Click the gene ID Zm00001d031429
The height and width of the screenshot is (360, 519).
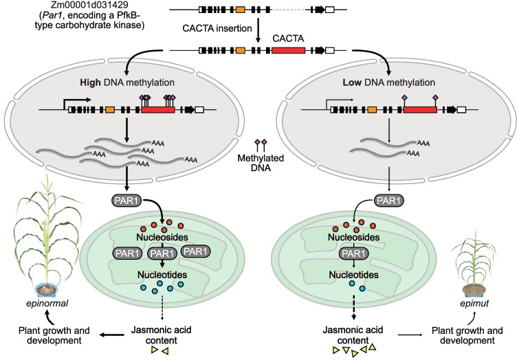(89, 5)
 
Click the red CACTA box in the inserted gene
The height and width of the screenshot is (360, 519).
(288, 50)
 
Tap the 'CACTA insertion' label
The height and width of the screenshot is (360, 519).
(217, 28)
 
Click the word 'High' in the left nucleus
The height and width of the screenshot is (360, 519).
(90, 82)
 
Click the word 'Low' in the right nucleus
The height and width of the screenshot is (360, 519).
(352, 82)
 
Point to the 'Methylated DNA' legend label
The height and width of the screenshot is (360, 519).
(261, 163)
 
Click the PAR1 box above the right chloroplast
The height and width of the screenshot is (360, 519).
(388, 201)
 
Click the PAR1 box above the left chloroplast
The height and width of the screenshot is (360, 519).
(126, 201)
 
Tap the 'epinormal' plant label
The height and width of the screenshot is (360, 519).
(47, 303)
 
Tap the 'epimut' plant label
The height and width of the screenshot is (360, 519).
(474, 303)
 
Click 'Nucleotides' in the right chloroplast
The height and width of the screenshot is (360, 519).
(353, 275)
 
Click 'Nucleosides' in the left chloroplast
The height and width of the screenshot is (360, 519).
(162, 237)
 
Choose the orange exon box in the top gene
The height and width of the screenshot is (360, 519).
(241, 10)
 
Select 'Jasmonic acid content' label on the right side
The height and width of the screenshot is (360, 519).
(353, 335)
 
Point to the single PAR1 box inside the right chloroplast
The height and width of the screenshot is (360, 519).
(353, 254)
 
